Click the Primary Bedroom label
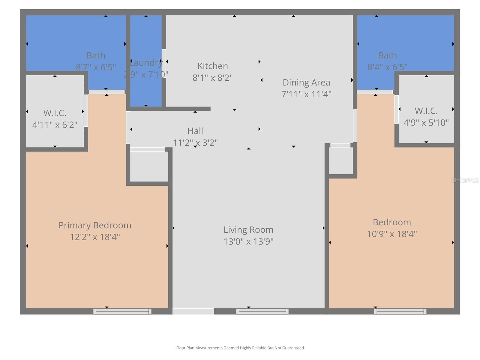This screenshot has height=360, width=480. [x=95, y=225]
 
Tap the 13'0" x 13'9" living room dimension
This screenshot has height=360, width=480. [x=248, y=241]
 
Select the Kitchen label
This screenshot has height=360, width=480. [x=212, y=66]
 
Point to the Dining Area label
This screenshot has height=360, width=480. [x=306, y=82]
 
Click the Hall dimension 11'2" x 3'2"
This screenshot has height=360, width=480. [x=195, y=142]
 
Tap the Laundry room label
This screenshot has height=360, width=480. [x=146, y=63]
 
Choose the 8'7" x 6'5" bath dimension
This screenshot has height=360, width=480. [x=96, y=67]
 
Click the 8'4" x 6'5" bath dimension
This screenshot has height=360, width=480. [x=387, y=67]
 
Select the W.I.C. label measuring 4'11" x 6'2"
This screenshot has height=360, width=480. [x=55, y=113]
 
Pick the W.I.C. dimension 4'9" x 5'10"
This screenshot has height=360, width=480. [x=426, y=123]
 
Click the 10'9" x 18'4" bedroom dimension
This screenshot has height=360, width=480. [x=392, y=234]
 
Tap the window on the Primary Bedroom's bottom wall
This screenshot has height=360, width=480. [x=122, y=311]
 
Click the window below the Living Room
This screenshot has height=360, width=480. [x=262, y=311]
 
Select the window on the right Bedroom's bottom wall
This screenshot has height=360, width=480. [x=400, y=311]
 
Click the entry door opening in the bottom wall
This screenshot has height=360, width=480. [x=193, y=311]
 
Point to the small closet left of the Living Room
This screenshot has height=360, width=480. [x=149, y=166]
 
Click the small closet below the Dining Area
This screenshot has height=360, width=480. [x=341, y=161]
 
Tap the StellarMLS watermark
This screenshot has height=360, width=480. [x=465, y=180]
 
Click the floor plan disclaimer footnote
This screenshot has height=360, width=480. [x=240, y=348]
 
